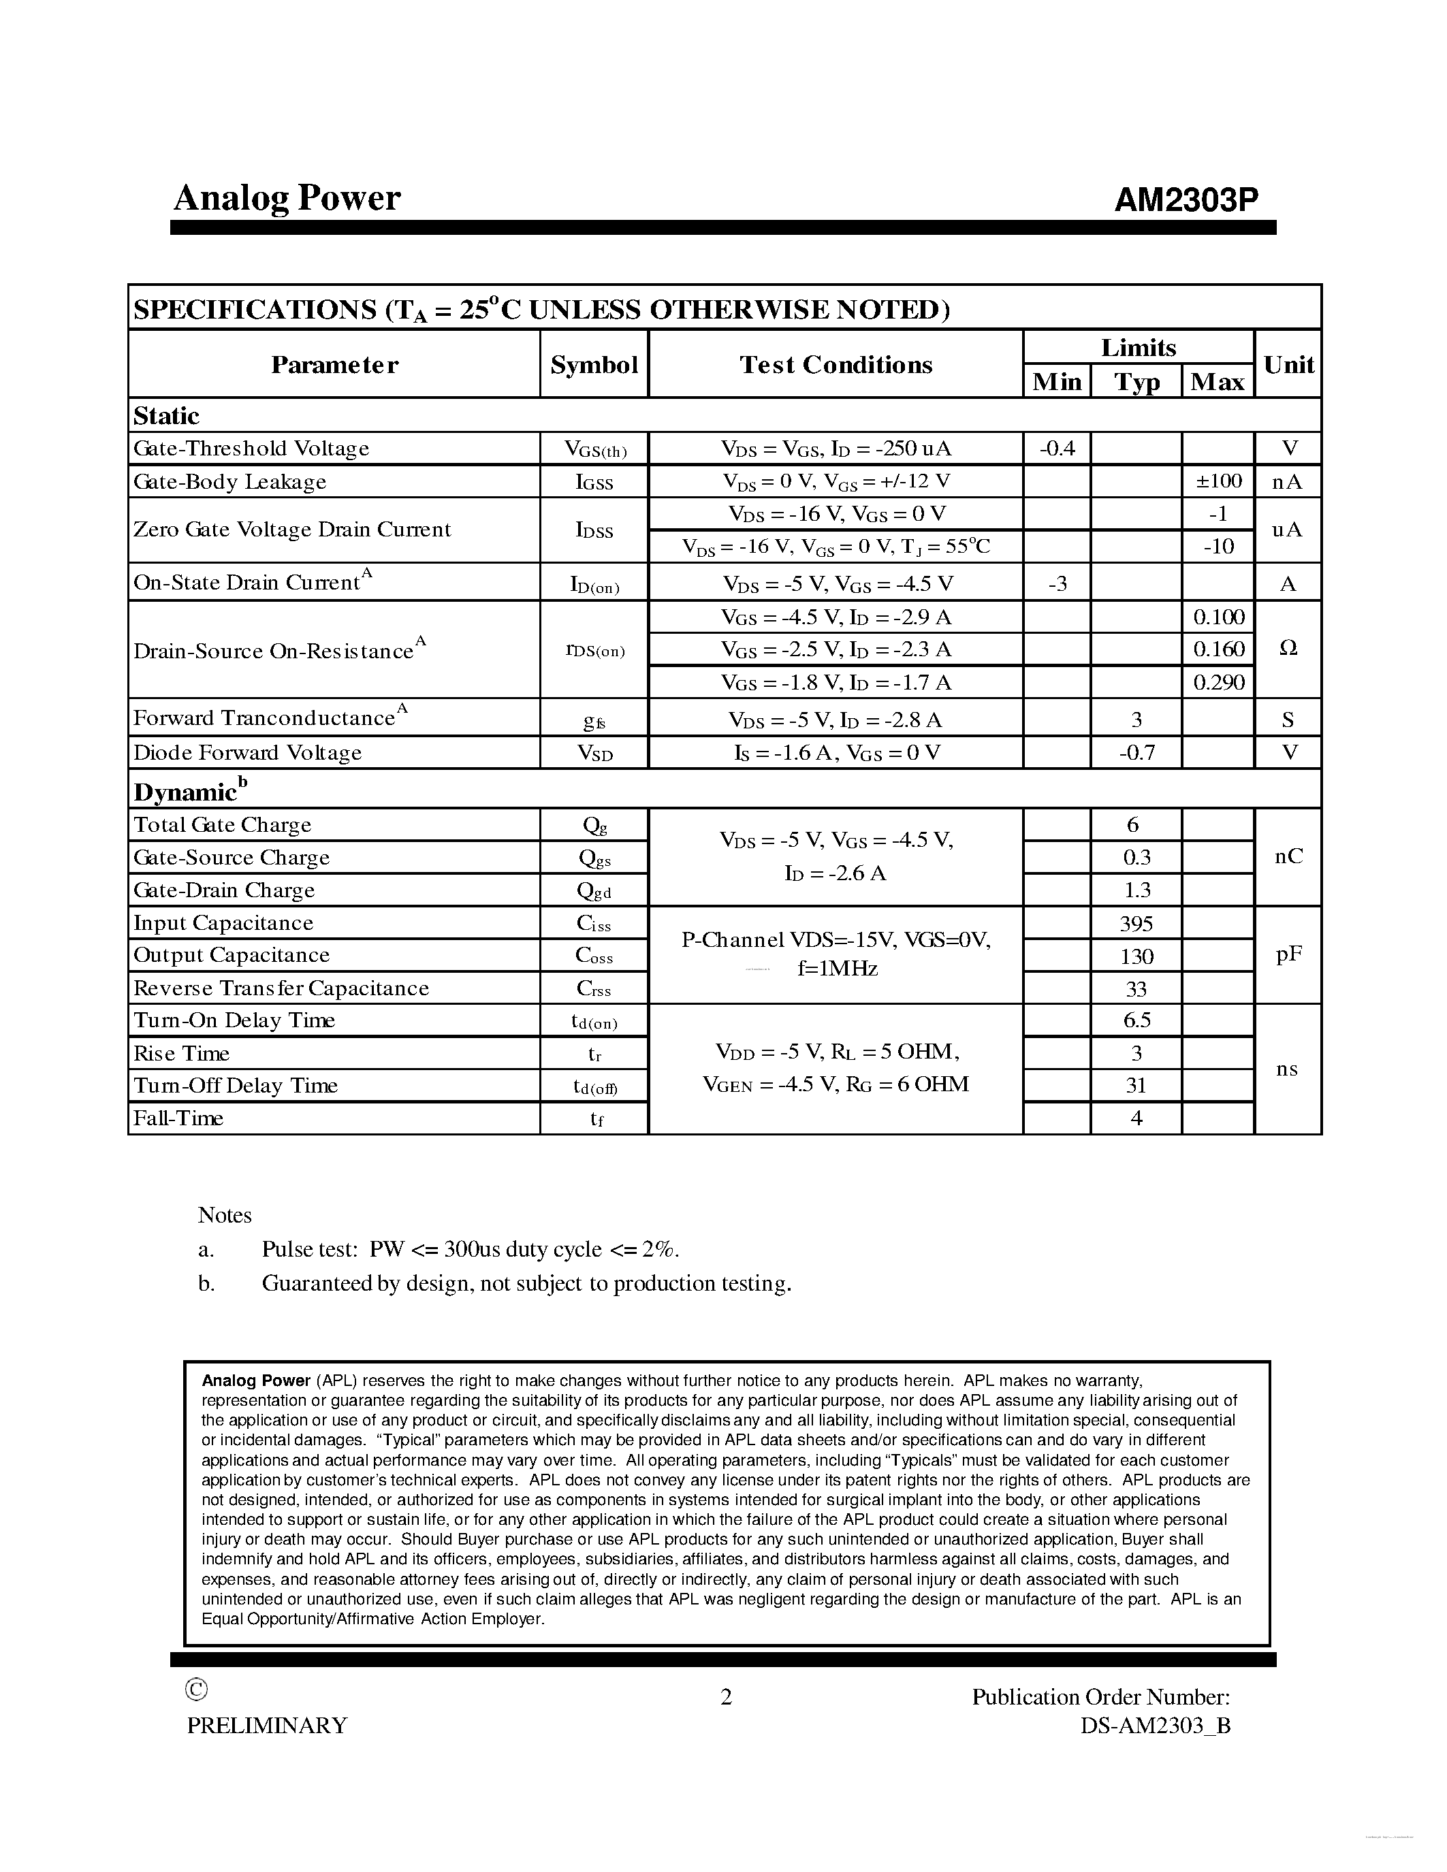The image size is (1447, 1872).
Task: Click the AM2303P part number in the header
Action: [x=1186, y=201]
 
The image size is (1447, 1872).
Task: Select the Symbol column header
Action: [x=594, y=365]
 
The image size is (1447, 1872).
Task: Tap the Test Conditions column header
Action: [x=836, y=365]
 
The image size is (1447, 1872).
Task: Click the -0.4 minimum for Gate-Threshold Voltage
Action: [x=1057, y=449]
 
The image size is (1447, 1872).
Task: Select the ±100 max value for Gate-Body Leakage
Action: [x=1218, y=481]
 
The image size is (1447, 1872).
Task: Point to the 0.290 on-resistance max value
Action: [x=1218, y=682]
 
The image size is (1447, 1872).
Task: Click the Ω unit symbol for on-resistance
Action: [x=1288, y=649]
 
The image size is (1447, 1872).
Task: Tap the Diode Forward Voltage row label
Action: [x=248, y=753]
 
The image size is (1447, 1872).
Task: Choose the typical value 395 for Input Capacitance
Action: [x=1136, y=923]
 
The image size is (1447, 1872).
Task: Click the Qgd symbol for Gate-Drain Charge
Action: [x=594, y=890]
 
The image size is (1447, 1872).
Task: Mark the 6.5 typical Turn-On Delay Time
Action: [x=1136, y=1020]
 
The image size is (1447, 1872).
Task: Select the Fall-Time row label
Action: [x=178, y=1118]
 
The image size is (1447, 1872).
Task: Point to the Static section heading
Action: [x=166, y=416]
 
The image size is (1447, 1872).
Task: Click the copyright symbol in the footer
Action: [x=196, y=1690]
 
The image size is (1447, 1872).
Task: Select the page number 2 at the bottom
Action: [x=726, y=1697]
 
